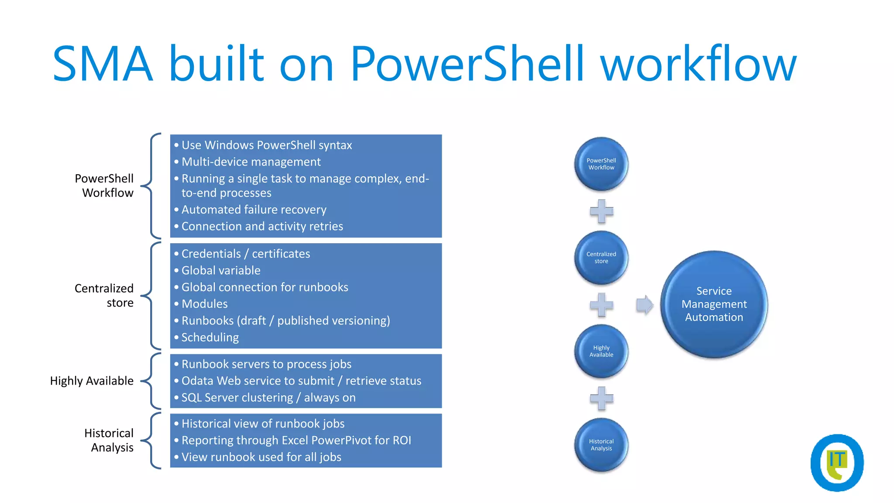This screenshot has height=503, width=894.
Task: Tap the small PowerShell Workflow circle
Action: point(601,164)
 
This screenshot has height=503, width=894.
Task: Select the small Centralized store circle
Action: point(601,258)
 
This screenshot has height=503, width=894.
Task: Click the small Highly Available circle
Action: point(601,351)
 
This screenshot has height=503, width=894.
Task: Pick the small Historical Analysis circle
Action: point(601,445)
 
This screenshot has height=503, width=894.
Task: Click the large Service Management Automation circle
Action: point(714,304)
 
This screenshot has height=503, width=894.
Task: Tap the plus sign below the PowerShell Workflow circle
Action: point(602,211)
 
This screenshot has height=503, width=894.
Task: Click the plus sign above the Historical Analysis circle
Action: point(602,398)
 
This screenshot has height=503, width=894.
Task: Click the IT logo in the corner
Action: point(837,463)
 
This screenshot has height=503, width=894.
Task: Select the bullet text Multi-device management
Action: point(251,162)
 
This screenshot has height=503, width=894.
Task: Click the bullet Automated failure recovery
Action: point(254,210)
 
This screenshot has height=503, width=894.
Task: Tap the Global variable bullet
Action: point(221,271)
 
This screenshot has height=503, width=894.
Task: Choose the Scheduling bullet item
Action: point(210,338)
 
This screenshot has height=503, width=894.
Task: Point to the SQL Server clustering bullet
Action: point(268,398)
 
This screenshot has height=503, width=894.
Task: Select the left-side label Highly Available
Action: point(92,381)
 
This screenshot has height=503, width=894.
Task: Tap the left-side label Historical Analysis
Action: point(109,440)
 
